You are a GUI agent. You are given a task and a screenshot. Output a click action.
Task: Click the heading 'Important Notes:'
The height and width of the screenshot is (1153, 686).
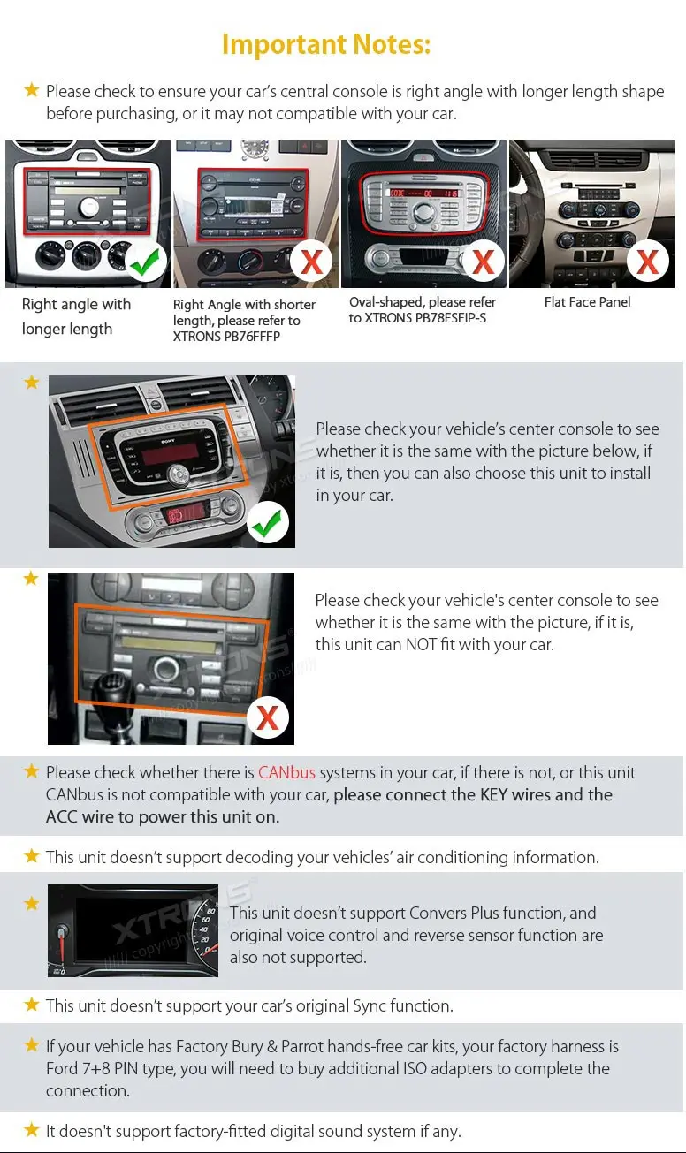click(325, 43)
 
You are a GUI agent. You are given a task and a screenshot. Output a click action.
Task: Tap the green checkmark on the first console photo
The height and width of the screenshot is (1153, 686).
click(144, 261)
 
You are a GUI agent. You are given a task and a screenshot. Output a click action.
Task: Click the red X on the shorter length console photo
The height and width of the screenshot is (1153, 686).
click(311, 262)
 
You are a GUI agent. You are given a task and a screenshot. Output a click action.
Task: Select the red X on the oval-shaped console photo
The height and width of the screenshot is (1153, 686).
click(483, 262)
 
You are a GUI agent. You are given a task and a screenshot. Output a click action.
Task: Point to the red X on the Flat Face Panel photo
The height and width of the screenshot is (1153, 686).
click(648, 262)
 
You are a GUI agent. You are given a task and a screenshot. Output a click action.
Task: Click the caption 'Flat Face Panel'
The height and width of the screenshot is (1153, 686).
click(587, 302)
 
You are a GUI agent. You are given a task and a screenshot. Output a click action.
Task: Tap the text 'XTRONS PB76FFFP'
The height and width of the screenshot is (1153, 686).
click(226, 337)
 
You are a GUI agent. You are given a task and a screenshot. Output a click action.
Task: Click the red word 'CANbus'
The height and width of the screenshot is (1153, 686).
click(286, 772)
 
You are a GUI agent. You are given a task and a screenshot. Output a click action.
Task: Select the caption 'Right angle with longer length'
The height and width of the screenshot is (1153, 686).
click(76, 316)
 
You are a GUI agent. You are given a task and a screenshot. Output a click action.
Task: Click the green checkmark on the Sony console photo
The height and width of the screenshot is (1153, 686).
click(266, 524)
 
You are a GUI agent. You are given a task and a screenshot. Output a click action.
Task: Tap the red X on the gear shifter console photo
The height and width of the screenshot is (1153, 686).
click(267, 718)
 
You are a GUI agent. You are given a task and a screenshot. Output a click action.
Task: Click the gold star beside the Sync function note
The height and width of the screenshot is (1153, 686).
click(32, 1005)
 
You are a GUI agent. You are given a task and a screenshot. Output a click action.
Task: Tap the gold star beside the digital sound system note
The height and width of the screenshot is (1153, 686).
click(32, 1130)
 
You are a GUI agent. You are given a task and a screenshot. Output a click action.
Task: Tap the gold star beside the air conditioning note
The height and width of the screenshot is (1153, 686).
click(32, 856)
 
